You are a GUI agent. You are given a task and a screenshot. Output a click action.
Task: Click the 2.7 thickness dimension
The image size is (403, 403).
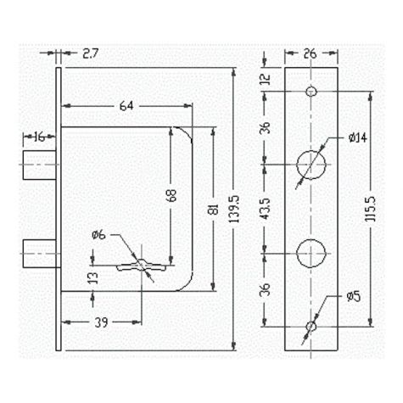[90, 53]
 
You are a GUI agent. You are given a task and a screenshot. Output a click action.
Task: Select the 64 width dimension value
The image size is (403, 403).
[126, 106]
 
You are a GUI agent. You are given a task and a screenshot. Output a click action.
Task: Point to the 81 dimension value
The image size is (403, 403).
[215, 210]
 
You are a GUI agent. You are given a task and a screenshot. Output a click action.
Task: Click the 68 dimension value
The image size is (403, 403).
[171, 195]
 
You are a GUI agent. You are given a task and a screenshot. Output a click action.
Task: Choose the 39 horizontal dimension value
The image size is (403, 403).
[101, 322]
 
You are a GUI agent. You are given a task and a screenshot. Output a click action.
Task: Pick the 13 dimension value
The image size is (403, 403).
[93, 278]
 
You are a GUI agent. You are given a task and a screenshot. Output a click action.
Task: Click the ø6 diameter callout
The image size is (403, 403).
[98, 235]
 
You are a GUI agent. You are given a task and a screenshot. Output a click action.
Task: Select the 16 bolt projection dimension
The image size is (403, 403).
[40, 137]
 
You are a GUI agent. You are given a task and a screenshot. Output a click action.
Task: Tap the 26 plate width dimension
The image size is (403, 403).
[311, 53]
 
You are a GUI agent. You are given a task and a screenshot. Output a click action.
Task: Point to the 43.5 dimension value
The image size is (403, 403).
[266, 209]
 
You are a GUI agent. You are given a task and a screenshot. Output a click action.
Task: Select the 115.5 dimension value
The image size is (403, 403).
[370, 209]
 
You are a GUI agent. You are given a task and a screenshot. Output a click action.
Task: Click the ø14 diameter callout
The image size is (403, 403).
[358, 137]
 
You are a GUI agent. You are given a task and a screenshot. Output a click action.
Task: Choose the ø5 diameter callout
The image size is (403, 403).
[354, 296]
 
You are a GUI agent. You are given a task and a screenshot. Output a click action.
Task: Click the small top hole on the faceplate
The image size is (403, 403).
[311, 92]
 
